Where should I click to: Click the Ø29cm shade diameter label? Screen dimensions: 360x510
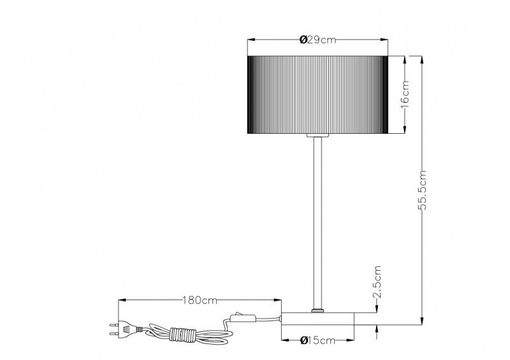317,40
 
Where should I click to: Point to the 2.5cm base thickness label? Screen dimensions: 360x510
377,284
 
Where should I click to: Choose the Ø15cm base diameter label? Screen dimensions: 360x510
317,340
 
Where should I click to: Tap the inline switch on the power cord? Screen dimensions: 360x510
242,317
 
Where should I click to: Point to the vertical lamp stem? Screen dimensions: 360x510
317,223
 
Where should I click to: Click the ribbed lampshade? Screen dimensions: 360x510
317,95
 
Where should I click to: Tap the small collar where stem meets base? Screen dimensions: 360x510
317,310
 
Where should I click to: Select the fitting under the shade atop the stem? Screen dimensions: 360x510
317,136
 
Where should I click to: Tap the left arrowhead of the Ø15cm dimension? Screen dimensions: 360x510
282,340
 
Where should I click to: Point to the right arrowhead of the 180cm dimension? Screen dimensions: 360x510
279,299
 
